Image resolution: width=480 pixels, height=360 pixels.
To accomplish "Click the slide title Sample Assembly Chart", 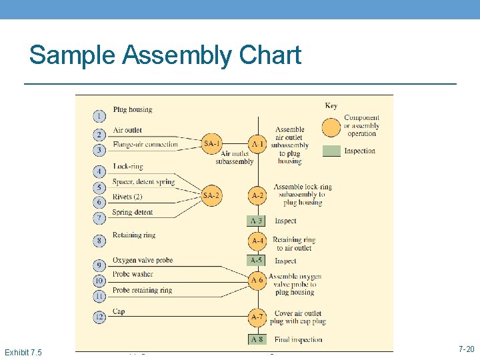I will point(165,55).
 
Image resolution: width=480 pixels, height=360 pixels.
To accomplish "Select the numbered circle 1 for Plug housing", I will point(99,116).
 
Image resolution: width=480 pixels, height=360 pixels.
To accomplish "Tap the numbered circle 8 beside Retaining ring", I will point(99,241).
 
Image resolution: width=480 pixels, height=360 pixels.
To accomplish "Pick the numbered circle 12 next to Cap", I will point(99,317).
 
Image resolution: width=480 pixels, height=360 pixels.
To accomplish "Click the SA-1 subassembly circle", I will point(212,143).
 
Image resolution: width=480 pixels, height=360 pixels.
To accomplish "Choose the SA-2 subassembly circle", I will point(212,195).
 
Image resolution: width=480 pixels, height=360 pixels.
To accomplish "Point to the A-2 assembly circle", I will point(257,195).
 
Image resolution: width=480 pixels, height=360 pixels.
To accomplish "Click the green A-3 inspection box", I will point(257,221).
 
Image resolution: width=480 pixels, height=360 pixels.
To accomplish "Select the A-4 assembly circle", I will point(257,241).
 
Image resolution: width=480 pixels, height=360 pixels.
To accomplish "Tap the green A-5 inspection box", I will point(257,261).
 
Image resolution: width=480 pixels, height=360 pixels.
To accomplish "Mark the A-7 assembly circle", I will point(257,316).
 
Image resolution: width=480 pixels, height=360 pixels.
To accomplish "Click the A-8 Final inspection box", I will point(257,339).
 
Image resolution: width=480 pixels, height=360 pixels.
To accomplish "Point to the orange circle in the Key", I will point(331,126).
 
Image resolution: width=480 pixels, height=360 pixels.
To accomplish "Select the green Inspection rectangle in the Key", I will point(331,151).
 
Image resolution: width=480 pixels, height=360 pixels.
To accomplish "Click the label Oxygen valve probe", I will point(143,260).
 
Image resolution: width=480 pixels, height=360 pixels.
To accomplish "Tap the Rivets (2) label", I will point(127,197).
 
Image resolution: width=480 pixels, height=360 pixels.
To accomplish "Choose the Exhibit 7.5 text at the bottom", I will point(23,351).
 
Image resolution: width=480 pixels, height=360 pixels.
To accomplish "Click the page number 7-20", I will point(466,349).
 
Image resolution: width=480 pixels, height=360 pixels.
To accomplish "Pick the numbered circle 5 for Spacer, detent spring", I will point(99,188).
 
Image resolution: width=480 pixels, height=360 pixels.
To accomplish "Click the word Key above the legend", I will point(331,105).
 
